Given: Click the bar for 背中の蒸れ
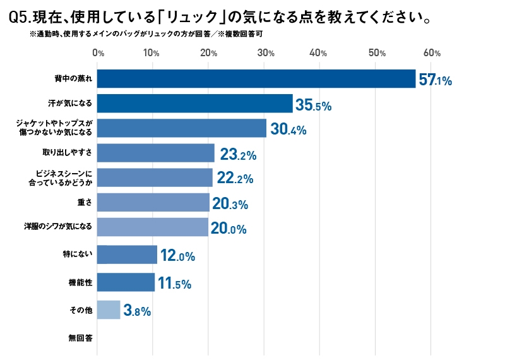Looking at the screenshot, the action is (x=256, y=79).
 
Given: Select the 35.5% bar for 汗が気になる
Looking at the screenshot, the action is (x=195, y=104).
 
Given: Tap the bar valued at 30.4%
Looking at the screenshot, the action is (x=182, y=128).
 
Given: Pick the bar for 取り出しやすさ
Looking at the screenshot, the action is (x=155, y=153).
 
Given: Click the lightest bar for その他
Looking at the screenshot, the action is (x=109, y=310).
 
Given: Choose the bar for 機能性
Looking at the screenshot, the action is (x=126, y=282).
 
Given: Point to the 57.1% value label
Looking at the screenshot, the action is (x=435, y=80).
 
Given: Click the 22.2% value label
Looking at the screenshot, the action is (x=235, y=178).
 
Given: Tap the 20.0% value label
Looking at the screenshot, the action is (x=229, y=229).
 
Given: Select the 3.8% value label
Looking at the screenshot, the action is (x=137, y=311).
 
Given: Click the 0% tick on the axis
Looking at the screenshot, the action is (x=98, y=53).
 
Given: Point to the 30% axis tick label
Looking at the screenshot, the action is (x=266, y=53).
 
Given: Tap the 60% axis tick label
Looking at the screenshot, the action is (x=432, y=53).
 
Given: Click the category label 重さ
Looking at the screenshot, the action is (x=85, y=202).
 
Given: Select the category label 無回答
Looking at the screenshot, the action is (x=81, y=338).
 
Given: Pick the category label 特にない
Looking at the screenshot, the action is (x=78, y=255).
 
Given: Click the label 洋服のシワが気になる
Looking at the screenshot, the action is (x=58, y=226).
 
